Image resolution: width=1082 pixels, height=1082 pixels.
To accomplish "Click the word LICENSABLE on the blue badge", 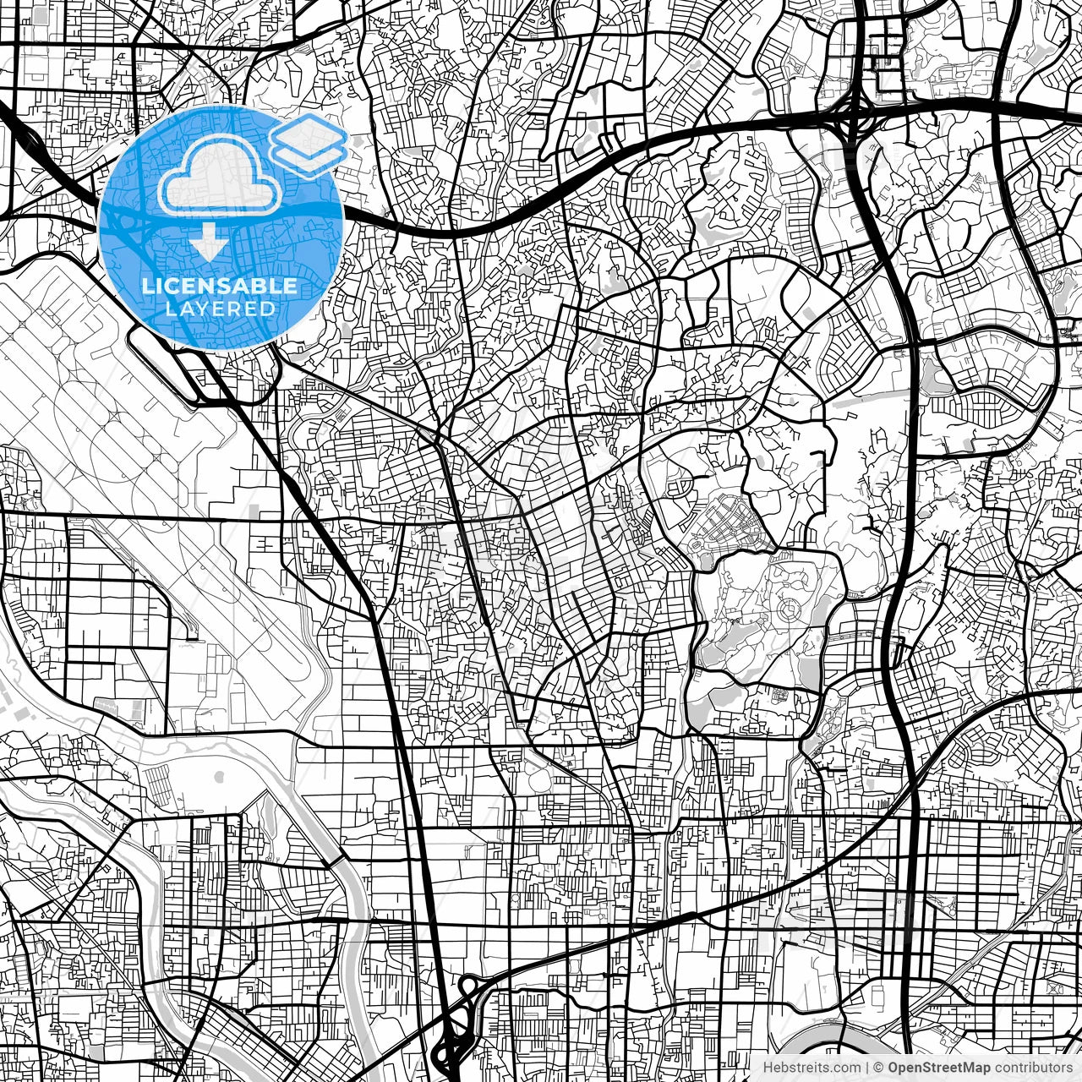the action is click(x=220, y=286).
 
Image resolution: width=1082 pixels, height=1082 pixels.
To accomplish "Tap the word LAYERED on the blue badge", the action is click(x=220, y=309).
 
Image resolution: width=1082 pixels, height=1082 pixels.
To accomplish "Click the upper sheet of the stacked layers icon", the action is click(x=309, y=136).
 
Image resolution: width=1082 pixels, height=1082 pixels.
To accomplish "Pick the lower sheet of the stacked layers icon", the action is click(x=309, y=156).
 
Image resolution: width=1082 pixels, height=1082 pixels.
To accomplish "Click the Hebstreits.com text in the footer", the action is click(x=812, y=1068).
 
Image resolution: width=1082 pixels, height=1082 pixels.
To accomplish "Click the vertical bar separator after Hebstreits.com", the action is click(x=867, y=1068).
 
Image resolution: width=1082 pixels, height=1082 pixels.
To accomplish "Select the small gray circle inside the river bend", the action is click(x=220, y=776).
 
